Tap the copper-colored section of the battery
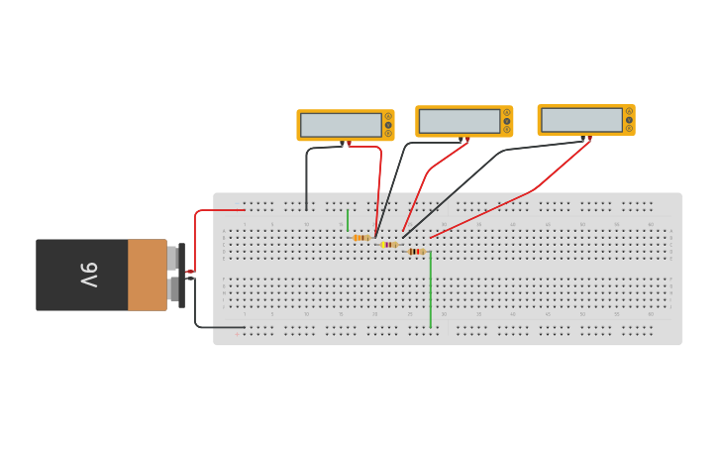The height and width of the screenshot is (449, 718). pyautogui.click(x=147, y=275)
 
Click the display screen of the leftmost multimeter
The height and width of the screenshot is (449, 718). pyautogui.click(x=341, y=125)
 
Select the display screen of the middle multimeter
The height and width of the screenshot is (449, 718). pyautogui.click(x=460, y=121)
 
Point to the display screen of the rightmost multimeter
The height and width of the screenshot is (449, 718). pyautogui.click(x=581, y=120)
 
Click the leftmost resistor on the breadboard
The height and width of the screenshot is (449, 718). pyautogui.click(x=361, y=238)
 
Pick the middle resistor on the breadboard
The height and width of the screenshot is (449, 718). pyautogui.click(x=389, y=245)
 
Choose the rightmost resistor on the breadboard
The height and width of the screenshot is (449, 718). pyautogui.click(x=416, y=252)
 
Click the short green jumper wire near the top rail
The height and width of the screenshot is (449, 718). pyautogui.click(x=348, y=220)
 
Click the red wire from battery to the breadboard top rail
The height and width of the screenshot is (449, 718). pyautogui.click(x=218, y=210)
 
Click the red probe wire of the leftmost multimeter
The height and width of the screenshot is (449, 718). pyautogui.click(x=377, y=178)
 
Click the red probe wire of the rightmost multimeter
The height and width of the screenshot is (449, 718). pyautogui.click(x=535, y=188)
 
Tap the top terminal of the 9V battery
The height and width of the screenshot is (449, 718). pyautogui.click(x=173, y=258)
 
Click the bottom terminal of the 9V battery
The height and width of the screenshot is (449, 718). pyautogui.click(x=173, y=288)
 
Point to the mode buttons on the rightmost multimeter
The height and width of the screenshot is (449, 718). pyautogui.click(x=629, y=120)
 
